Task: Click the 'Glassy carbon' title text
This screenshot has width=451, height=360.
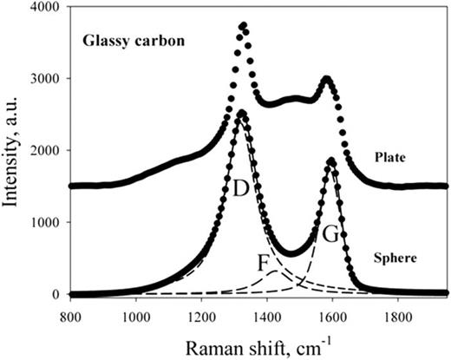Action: pos(127,40)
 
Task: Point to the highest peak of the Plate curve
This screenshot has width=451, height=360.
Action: pos(244,26)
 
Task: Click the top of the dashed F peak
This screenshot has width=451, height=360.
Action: pos(275,272)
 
